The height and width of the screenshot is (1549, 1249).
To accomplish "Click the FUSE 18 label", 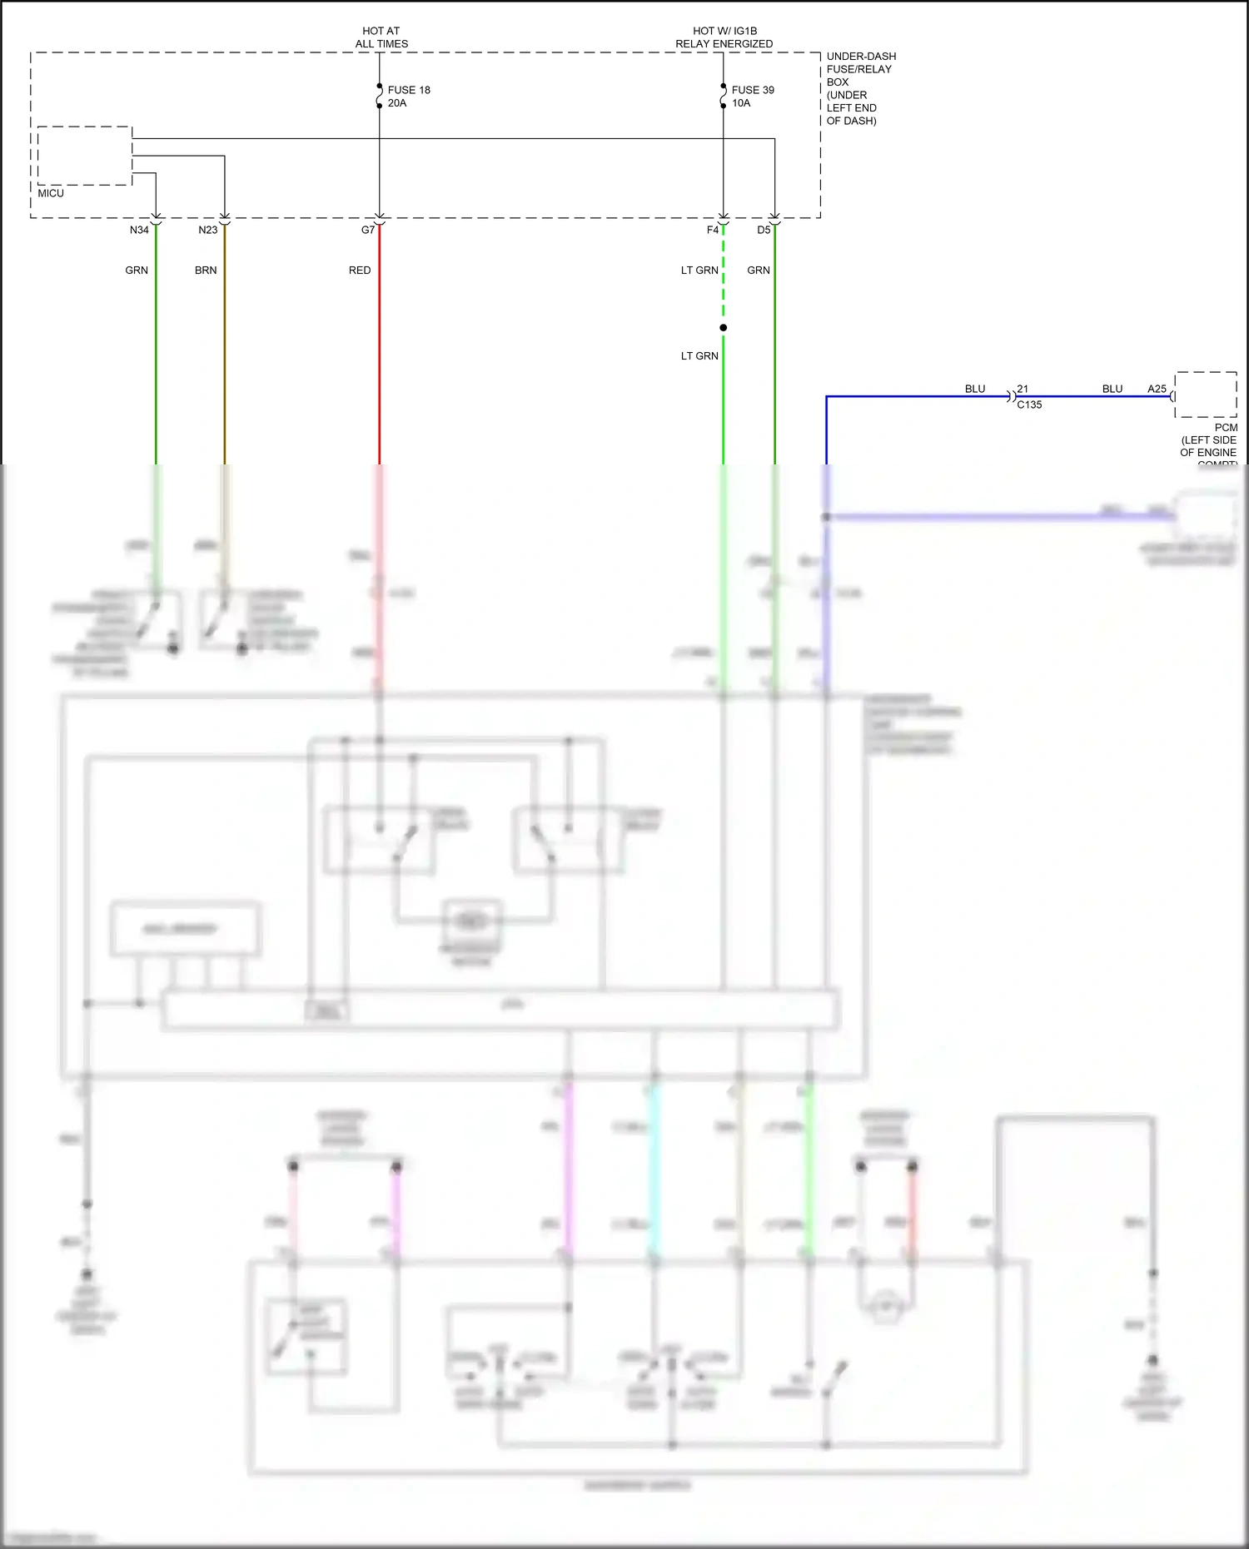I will point(409,90).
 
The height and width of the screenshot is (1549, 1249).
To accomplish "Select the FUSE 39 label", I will point(753,90).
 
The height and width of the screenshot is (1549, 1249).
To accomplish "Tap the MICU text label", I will point(51,193).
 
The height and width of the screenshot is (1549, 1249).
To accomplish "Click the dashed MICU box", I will point(84,156).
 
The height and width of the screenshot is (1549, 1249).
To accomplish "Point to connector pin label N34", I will point(139,230).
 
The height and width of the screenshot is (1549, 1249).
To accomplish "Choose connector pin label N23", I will point(207,230).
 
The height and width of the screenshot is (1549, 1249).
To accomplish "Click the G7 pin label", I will point(367,230).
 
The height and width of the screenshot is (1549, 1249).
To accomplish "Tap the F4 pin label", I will point(712,230).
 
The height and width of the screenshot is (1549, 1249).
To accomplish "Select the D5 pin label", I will point(763,230).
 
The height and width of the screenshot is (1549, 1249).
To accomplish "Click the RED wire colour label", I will point(360,271).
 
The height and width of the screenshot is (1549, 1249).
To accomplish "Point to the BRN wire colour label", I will point(206,271).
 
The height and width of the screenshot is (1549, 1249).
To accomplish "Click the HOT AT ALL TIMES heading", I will point(381,37).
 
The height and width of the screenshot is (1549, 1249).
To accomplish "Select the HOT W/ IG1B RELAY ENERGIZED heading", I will point(724,37).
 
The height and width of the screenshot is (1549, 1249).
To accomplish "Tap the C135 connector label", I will point(1029,405).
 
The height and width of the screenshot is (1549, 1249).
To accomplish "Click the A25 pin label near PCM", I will point(1157,389).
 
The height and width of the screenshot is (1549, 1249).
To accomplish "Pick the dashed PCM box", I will point(1205,395).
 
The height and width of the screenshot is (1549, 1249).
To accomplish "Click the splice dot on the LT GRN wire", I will point(723,328).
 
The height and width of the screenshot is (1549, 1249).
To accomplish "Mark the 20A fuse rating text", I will point(397,103).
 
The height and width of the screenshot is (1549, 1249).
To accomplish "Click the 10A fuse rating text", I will point(741,103).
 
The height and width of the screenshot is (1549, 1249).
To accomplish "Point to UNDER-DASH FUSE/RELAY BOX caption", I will point(861,88).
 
